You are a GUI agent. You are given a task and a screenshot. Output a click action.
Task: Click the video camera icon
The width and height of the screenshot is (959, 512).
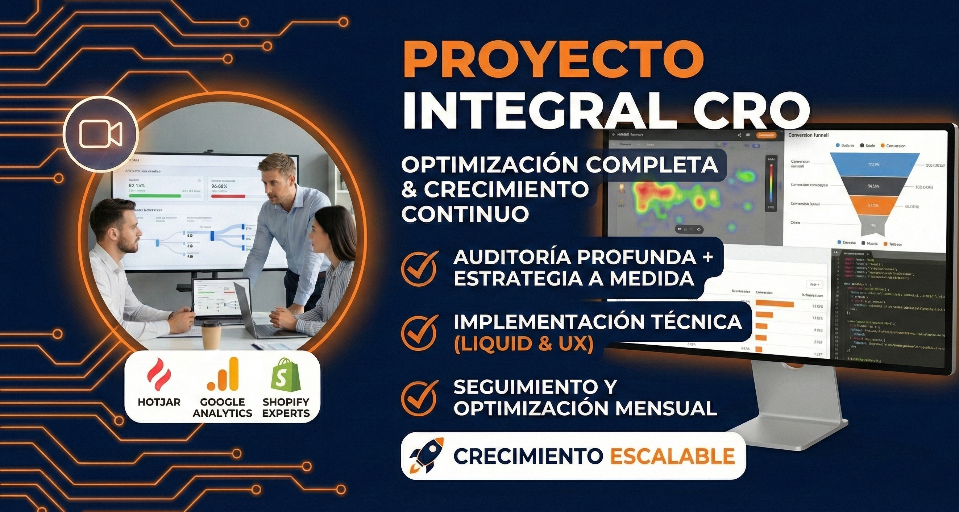(100, 134)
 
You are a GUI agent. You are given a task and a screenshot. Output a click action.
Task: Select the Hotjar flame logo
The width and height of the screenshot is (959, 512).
(159, 375)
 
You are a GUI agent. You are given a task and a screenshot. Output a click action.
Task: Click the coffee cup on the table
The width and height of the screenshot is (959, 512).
(211, 334)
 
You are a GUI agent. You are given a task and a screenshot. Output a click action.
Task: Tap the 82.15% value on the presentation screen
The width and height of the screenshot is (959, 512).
(137, 185)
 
